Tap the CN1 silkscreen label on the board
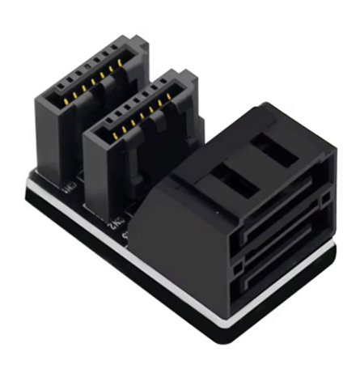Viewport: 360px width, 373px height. click(70, 191)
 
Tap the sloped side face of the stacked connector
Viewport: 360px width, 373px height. click(174, 218)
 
